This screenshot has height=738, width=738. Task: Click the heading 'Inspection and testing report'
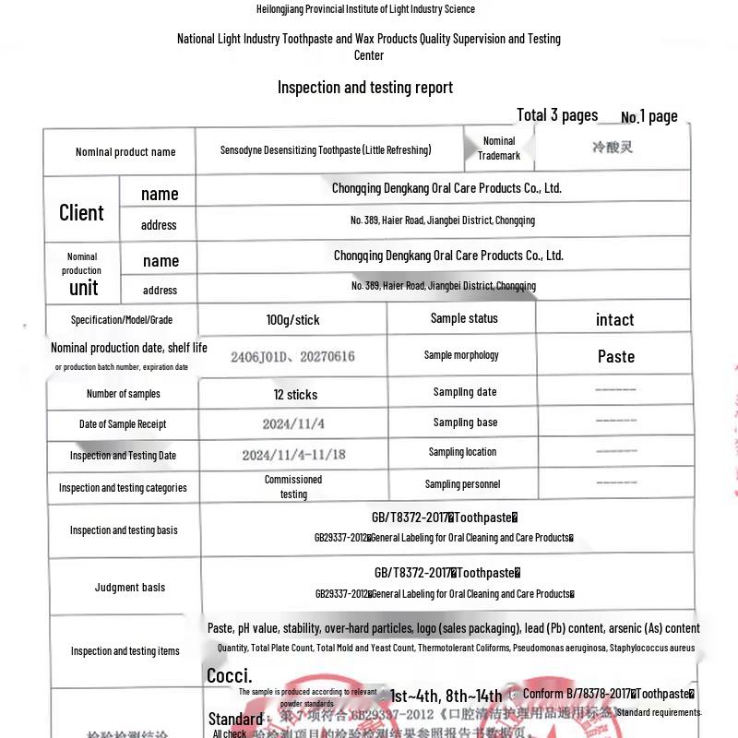365,88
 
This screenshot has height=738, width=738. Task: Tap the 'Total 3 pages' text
557,115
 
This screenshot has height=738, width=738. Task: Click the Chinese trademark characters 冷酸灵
613,147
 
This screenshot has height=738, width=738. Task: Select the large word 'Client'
81,212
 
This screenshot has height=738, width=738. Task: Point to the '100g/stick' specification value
292,320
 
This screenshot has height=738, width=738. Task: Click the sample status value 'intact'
614,320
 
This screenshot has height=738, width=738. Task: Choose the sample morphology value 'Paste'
615,356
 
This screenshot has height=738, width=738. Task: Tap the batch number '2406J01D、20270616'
292,356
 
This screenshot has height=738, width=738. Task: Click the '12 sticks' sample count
295,395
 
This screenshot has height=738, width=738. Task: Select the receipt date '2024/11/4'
292,424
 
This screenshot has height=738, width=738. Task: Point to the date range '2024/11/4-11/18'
293,455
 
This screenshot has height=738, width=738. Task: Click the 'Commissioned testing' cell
293,487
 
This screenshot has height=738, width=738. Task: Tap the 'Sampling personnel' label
462,484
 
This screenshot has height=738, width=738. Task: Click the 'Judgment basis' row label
130,588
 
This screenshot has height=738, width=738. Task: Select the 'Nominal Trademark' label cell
499,149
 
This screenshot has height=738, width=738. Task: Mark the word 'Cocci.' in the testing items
229,676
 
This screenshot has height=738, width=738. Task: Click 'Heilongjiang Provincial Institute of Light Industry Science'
365,9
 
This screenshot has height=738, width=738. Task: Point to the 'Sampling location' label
462,452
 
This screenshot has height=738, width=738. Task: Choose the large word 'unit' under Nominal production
84,287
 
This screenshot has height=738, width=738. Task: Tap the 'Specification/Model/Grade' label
122,320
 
